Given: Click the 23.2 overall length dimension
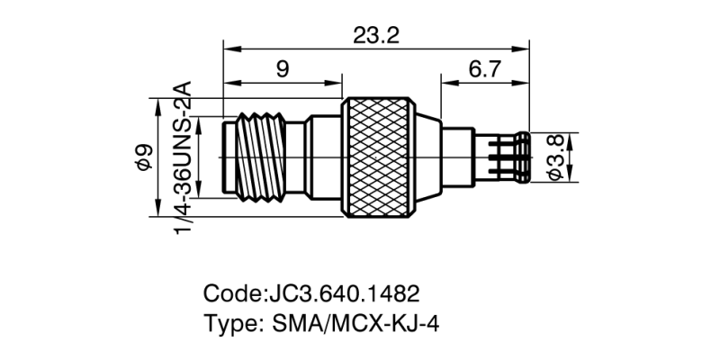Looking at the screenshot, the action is pyautogui.click(x=376, y=36).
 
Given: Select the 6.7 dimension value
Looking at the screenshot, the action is pyautogui.click(x=484, y=70).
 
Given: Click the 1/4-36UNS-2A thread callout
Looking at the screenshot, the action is pyautogui.click(x=183, y=157).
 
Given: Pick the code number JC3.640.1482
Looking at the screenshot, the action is pyautogui.click(x=343, y=294).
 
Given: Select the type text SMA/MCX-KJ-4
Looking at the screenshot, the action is pyautogui.click(x=355, y=324).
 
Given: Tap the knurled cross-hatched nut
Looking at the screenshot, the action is pyautogui.click(x=378, y=157).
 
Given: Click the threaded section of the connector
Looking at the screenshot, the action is pyautogui.click(x=260, y=157).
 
